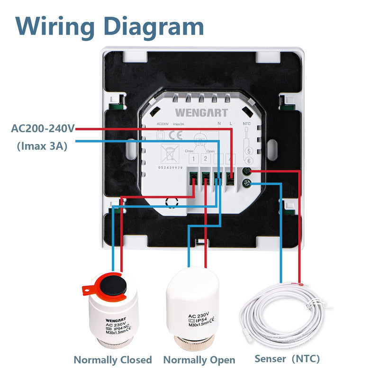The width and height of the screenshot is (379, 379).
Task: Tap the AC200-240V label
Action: [43, 128]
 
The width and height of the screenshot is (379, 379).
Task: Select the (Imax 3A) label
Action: [42, 146]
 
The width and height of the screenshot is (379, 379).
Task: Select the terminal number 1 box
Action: [195, 159]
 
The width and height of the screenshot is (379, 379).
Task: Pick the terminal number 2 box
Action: [206, 159]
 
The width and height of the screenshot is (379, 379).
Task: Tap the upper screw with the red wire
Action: [246, 172]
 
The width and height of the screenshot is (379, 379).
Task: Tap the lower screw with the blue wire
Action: [246, 183]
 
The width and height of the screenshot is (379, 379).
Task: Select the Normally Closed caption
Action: [113, 360]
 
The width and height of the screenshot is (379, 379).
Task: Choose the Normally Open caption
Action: [199, 360]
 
